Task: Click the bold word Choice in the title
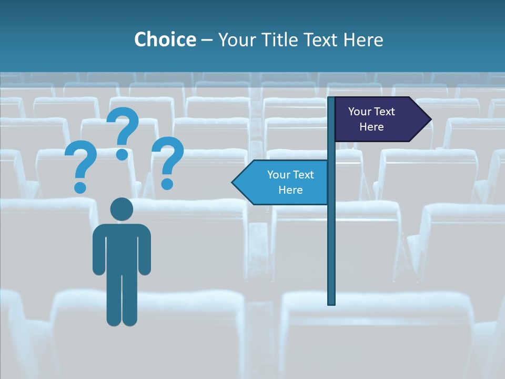click(165, 40)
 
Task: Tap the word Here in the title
click(363, 40)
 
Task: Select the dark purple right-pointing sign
click(376, 119)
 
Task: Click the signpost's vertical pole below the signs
click(331, 253)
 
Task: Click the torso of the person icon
click(122, 247)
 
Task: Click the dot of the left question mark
click(80, 187)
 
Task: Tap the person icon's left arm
click(98, 253)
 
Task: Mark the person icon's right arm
click(145, 253)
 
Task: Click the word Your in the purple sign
click(360, 112)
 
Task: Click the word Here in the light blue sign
click(290, 190)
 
